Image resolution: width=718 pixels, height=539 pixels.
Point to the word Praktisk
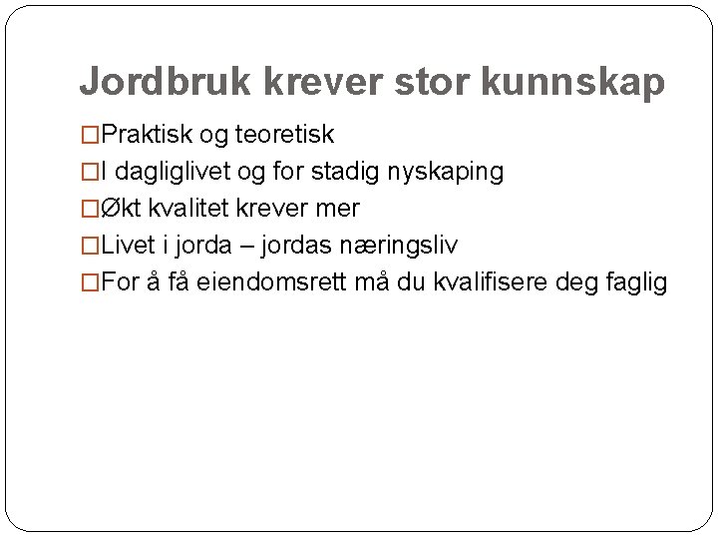[x=149, y=134]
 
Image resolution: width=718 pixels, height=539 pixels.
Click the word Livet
[x=126, y=246]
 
